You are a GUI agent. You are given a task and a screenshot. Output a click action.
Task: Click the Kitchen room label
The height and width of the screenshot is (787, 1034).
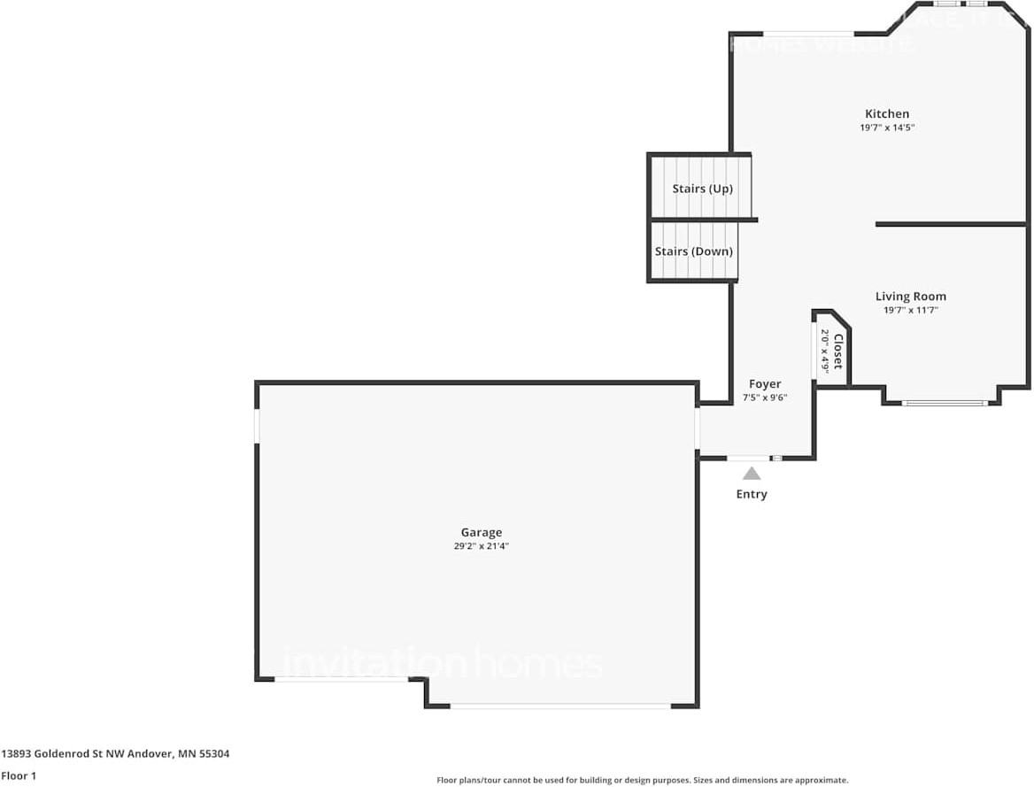click(x=886, y=113)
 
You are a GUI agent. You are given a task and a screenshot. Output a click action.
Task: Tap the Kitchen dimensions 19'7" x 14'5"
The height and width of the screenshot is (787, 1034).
click(x=886, y=127)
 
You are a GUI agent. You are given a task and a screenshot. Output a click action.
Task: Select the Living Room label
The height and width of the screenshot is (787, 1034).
click(x=910, y=297)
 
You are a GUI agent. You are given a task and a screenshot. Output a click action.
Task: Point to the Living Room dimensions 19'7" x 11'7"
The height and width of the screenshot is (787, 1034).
click(x=910, y=311)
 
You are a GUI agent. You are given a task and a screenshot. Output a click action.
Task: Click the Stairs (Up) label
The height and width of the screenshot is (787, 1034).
click(x=702, y=189)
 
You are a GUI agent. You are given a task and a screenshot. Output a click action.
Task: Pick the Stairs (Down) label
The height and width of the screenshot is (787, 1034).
click(x=693, y=251)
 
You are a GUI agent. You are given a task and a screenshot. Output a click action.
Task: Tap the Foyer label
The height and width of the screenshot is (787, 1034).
click(x=765, y=383)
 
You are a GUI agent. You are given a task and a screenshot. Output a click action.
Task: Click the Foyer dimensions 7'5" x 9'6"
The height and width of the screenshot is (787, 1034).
click(x=765, y=397)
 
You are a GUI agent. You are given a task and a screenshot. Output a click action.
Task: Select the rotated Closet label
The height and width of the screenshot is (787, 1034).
click(x=837, y=351)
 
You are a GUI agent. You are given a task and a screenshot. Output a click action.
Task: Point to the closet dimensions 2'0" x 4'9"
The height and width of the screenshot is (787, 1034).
click(x=824, y=351)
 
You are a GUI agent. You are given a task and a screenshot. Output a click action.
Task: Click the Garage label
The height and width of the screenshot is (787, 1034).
click(x=481, y=532)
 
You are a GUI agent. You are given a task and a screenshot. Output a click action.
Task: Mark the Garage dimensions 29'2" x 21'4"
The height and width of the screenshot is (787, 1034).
click(x=481, y=546)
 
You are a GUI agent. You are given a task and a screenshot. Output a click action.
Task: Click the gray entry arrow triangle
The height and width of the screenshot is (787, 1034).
click(x=752, y=474)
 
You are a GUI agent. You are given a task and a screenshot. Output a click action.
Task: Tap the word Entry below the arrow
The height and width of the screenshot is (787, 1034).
click(x=752, y=494)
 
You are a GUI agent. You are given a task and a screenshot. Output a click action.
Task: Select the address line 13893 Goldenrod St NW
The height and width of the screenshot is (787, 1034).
click(x=115, y=754)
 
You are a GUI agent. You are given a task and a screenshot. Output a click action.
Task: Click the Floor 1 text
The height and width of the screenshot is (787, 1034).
click(x=18, y=775)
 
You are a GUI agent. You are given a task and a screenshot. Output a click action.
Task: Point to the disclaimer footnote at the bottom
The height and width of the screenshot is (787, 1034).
click(x=642, y=780)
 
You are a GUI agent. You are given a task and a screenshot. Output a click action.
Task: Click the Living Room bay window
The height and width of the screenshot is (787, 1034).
click(x=944, y=404)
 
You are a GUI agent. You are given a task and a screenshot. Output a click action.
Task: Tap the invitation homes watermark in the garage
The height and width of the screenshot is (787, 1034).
click(x=442, y=664)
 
